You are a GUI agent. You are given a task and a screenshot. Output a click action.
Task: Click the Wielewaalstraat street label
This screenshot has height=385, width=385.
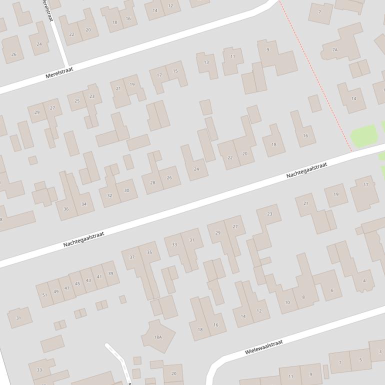click(263, 347)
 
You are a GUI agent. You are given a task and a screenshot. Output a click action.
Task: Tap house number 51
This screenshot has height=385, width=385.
click(44, 295)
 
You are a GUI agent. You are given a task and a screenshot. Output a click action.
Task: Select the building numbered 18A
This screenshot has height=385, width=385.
click(158, 337)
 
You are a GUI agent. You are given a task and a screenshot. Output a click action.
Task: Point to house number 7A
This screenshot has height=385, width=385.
click(335, 50)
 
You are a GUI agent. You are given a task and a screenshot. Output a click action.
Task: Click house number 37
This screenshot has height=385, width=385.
click(132, 257)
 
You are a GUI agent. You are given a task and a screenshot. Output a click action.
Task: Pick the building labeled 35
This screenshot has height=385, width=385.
click(149, 252)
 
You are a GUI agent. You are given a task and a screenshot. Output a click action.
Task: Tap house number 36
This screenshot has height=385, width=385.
click(66, 209)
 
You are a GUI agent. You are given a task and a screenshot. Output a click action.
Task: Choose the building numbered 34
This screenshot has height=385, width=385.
click(83, 204)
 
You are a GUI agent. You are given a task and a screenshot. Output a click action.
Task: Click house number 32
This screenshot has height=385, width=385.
click(109, 195)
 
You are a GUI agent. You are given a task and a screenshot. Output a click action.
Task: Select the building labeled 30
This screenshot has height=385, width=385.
click(126, 190)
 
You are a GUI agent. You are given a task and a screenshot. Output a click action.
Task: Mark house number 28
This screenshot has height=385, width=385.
click(152, 183)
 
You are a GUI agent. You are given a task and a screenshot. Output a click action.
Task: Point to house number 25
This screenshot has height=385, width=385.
click(77, 101)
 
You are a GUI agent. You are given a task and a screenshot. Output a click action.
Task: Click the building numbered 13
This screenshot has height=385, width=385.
click(206, 62)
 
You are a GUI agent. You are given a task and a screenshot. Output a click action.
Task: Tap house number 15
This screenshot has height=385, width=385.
click(175, 71)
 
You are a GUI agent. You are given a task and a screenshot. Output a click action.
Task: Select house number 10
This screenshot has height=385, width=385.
click(287, 302)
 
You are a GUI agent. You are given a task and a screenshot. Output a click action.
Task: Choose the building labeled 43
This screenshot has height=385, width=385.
click(88, 280)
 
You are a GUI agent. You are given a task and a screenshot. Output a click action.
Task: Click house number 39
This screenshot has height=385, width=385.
click(110, 273)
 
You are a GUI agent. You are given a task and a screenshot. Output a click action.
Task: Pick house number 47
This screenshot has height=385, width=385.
click(67, 288)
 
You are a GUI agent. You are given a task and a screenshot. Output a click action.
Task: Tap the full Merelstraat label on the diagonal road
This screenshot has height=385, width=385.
click(59, 73)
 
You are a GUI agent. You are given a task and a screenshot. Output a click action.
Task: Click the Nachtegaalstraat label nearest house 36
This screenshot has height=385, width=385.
click(83, 239)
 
